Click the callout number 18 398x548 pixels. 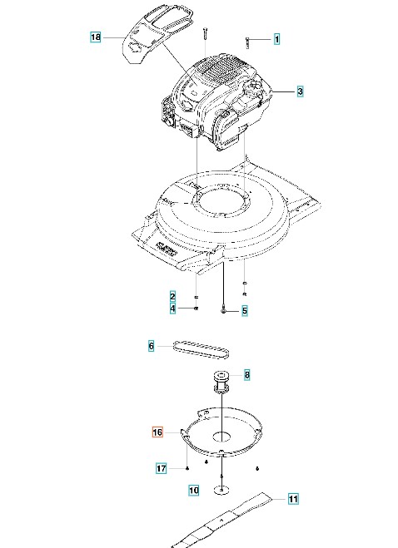[96, 37]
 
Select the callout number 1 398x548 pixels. [276, 39]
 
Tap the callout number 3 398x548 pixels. [300, 91]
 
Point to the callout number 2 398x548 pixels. [172, 297]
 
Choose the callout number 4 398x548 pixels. [172, 309]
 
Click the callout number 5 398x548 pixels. [244, 311]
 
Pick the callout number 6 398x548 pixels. [152, 346]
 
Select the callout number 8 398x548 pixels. [247, 375]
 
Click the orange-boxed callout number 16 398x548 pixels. [157, 432]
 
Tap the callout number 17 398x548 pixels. [161, 468]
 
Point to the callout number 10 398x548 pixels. [193, 490]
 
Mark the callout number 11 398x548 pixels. [293, 499]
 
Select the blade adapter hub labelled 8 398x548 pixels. [221, 382]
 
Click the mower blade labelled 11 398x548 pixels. [221, 520]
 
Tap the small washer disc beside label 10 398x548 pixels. [222, 490]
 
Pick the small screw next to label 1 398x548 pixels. [247, 42]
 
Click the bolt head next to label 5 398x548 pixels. [223, 311]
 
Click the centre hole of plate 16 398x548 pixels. [222, 437]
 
